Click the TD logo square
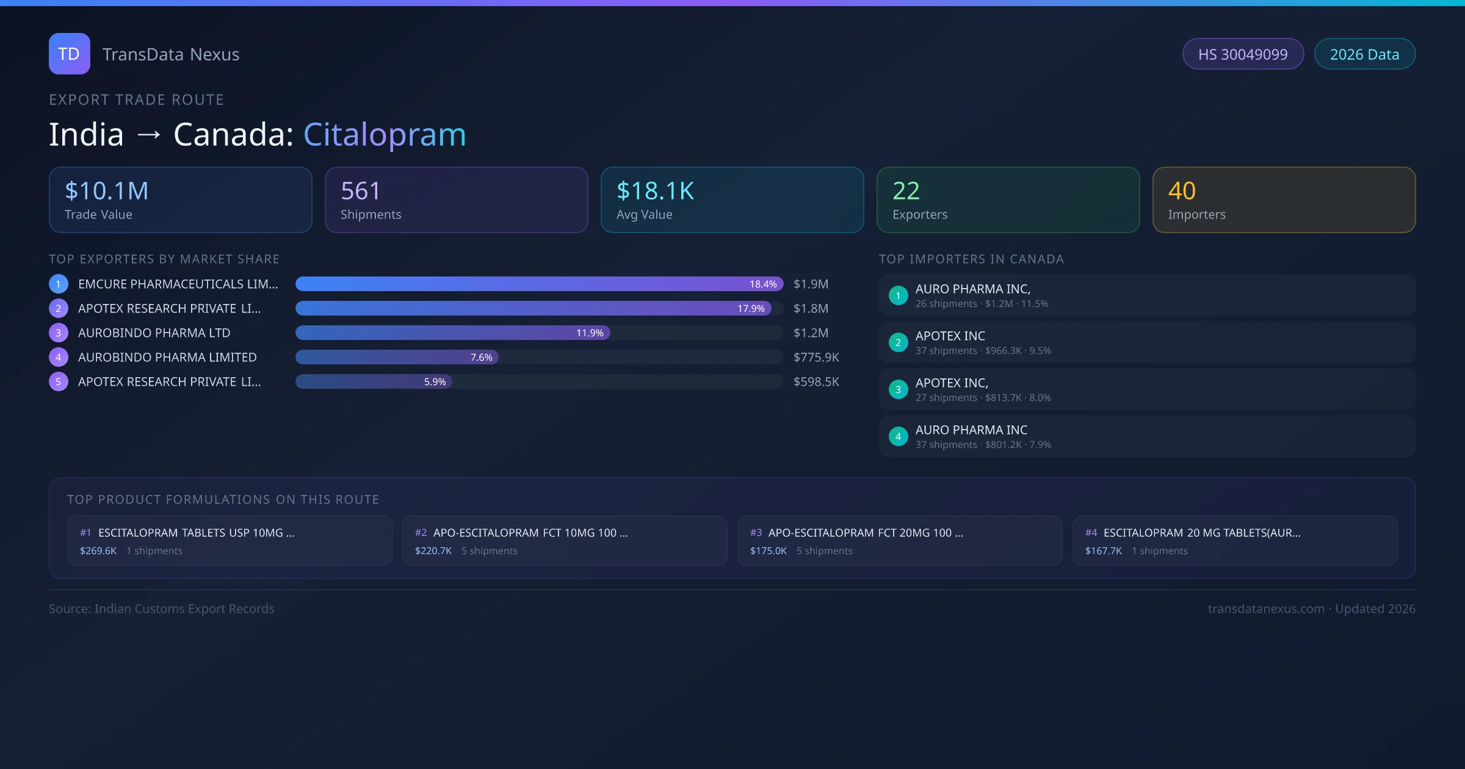pyautogui.click(x=69, y=54)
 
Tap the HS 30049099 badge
pyautogui.click(x=1243, y=54)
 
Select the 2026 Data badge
pyautogui.click(x=1364, y=54)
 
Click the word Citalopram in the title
pyautogui.click(x=385, y=134)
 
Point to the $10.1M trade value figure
pyautogui.click(x=107, y=191)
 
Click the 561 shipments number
pyautogui.click(x=360, y=191)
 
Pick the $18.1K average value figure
pyautogui.click(x=655, y=191)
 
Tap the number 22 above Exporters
pyautogui.click(x=906, y=191)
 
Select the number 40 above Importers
pyautogui.click(x=1182, y=191)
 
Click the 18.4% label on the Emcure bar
pyautogui.click(x=763, y=284)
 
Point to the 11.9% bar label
pyautogui.click(x=590, y=333)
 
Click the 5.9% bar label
pyautogui.click(x=435, y=381)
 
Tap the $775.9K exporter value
pyautogui.click(x=816, y=357)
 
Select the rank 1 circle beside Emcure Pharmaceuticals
pyautogui.click(x=59, y=284)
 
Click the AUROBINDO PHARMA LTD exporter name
pyautogui.click(x=154, y=333)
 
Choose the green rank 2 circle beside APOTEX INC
pyautogui.click(x=898, y=342)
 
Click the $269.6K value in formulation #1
pyautogui.click(x=98, y=551)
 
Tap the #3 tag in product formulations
pyautogui.click(x=756, y=533)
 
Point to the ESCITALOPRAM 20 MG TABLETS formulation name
pyautogui.click(x=1201, y=533)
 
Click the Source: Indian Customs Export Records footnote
pyautogui.click(x=162, y=608)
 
